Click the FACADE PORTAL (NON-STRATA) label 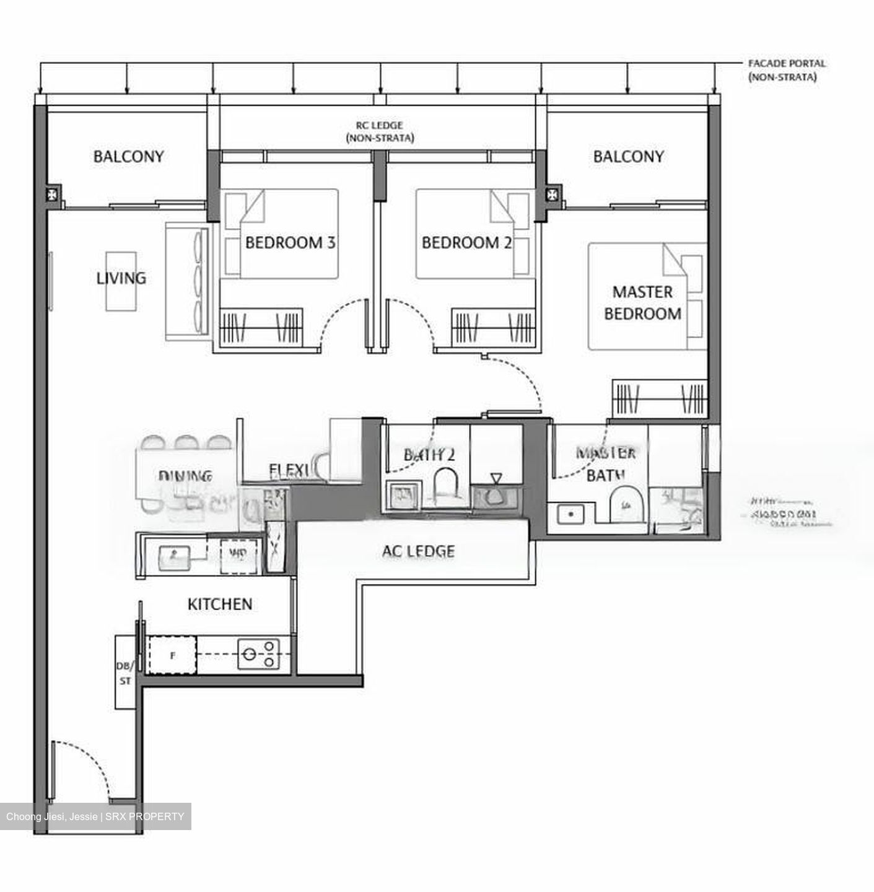(786, 70)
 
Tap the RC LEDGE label (379, 131)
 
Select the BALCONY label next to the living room (128, 156)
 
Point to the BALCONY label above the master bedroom (628, 156)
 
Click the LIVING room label (121, 278)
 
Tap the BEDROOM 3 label (290, 242)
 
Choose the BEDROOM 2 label (466, 242)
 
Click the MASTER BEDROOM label (642, 302)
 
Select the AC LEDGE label (418, 551)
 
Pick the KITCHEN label (220, 603)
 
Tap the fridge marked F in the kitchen (172, 654)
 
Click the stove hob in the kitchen (258, 654)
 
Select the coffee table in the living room (121, 281)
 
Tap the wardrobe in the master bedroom (660, 398)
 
